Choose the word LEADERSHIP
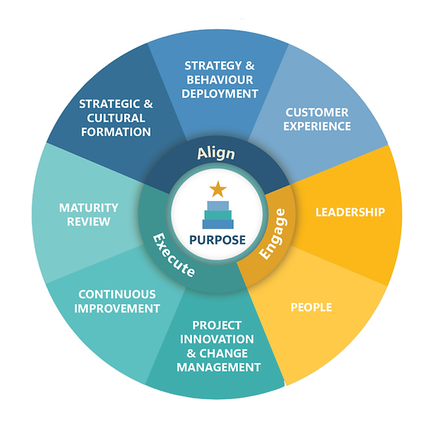click(x=350, y=212)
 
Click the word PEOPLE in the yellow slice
click(x=311, y=307)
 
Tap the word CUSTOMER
click(x=317, y=112)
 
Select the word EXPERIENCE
click(x=317, y=126)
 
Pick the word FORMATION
click(x=115, y=131)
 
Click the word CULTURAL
click(x=115, y=118)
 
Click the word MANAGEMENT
click(x=218, y=367)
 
